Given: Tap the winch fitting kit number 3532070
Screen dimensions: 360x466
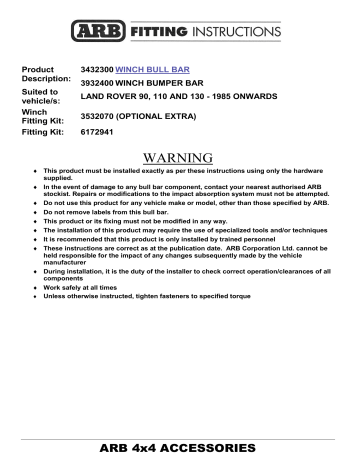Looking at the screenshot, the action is (97, 118).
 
